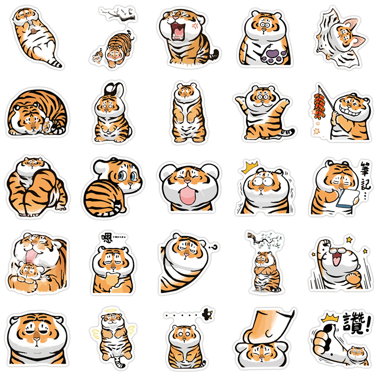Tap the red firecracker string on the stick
click(320, 106)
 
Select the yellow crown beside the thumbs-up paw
click(330, 318)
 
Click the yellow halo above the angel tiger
click(111, 310)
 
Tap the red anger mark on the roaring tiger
click(195, 26)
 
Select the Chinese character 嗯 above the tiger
click(107, 238)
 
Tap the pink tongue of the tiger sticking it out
click(187, 196)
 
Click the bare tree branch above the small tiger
click(119, 15)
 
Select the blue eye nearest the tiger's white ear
click(122, 176)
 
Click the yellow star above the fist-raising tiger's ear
click(349, 240)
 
